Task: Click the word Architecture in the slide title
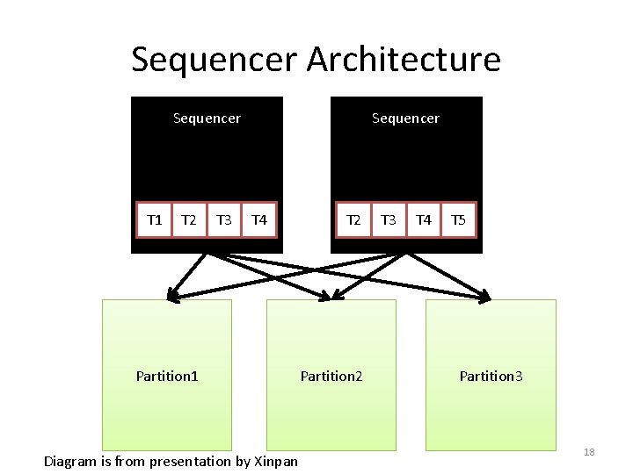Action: [404, 60]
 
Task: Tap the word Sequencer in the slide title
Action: [214, 60]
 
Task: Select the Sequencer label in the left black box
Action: [207, 118]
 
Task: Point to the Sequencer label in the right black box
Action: [405, 118]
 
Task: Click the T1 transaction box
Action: [154, 219]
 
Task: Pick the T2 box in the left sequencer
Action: [188, 219]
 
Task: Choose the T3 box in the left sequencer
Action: [223, 219]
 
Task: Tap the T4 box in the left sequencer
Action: [258, 219]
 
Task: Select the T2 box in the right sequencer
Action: [353, 219]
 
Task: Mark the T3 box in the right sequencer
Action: [389, 219]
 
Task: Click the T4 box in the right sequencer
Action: [424, 219]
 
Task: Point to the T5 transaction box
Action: [458, 219]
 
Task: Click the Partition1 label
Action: [167, 376]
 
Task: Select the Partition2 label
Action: [331, 376]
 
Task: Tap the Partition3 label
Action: [491, 376]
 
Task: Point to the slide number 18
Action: [589, 452]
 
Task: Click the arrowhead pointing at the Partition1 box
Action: [173, 296]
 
